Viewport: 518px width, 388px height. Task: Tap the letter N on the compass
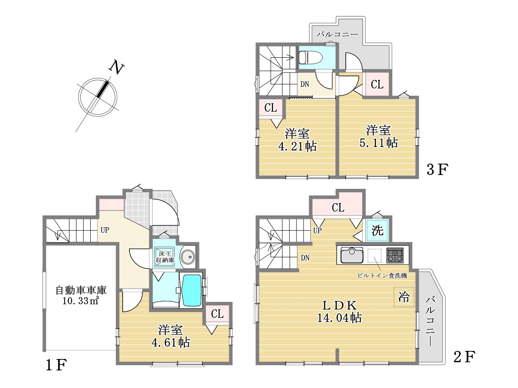pyautogui.click(x=116, y=67)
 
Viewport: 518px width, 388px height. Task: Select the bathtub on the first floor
pyautogui.click(x=192, y=291)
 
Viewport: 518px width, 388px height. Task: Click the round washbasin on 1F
pyautogui.click(x=188, y=257)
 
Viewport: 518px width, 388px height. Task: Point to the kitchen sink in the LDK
pyautogui.click(x=352, y=255)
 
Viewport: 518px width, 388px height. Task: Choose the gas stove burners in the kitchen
pyautogui.click(x=395, y=255)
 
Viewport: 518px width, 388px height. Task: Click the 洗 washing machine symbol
pyautogui.click(x=377, y=230)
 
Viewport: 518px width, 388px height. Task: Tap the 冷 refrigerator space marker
pyautogui.click(x=404, y=297)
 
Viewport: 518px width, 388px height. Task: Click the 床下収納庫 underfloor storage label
pyautogui.click(x=165, y=257)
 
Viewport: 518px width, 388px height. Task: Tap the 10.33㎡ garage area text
pyautogui.click(x=80, y=301)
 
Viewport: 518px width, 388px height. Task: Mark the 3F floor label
pyautogui.click(x=437, y=169)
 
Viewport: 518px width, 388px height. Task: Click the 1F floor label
pyautogui.click(x=56, y=365)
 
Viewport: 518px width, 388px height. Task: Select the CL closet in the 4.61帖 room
pyautogui.click(x=217, y=313)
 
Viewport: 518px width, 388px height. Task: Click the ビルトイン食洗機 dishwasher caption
pyautogui.click(x=382, y=275)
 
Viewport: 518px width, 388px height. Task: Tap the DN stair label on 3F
pyautogui.click(x=305, y=84)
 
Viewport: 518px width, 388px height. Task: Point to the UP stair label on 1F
pyautogui.click(x=105, y=230)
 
